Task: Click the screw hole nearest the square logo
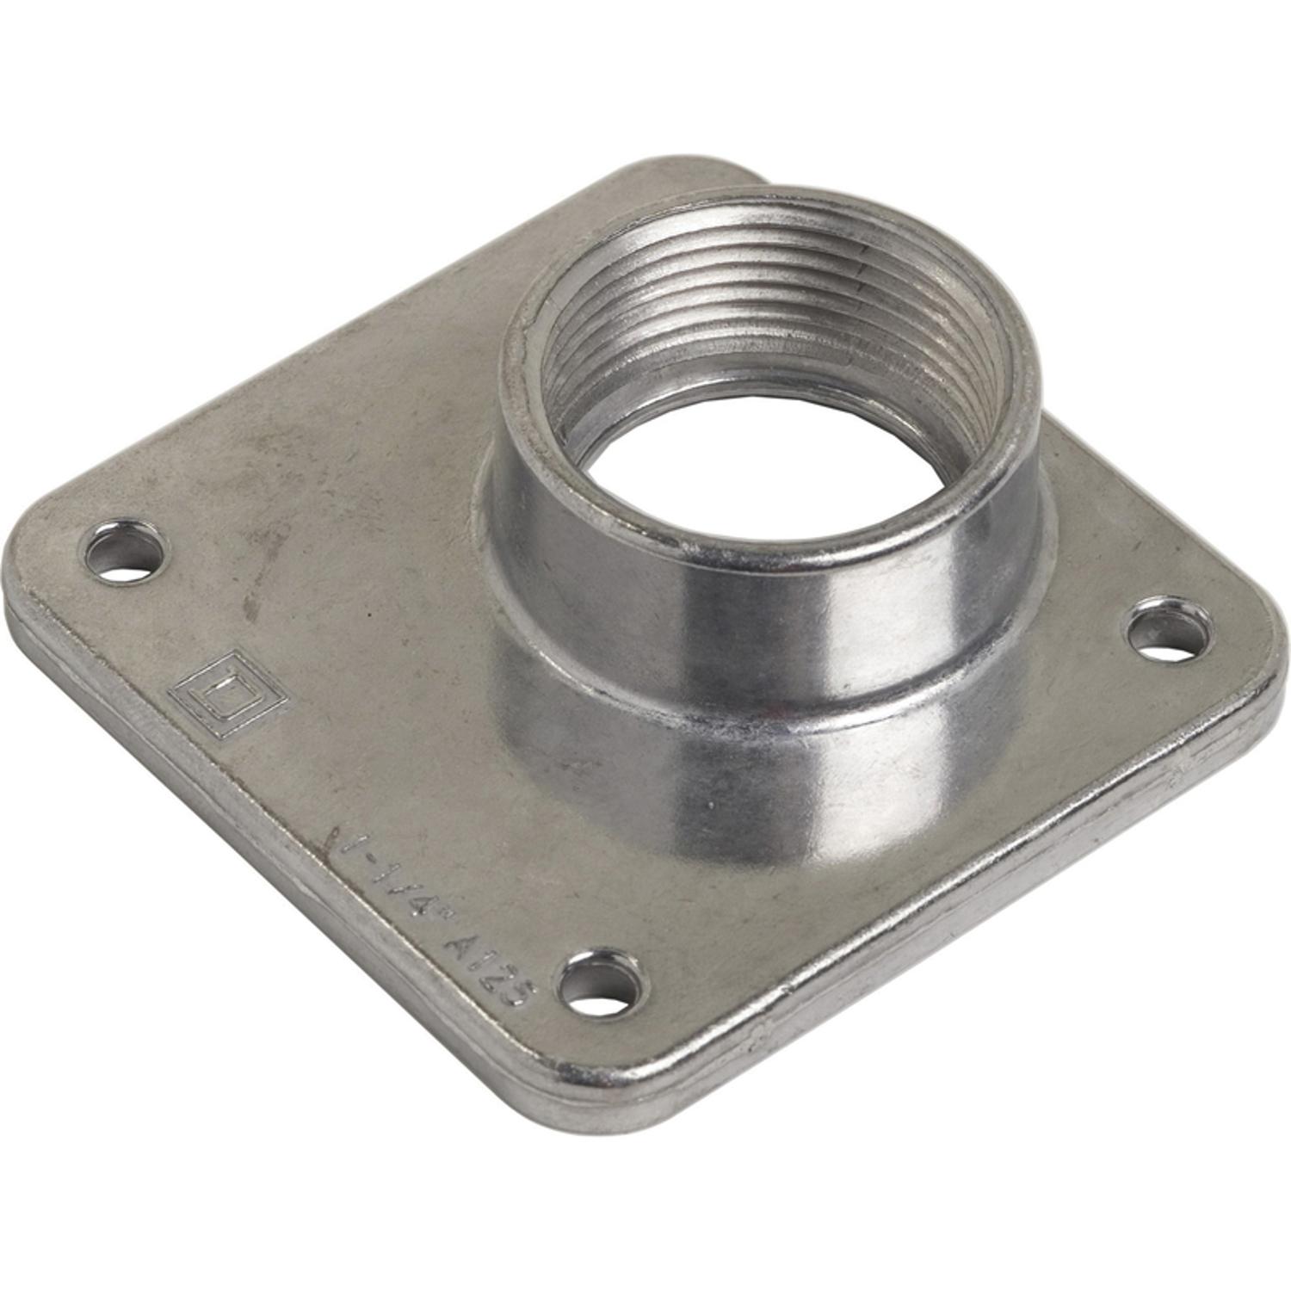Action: pos(127,551)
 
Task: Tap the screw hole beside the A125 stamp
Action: pos(602,984)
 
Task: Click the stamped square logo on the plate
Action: pos(226,693)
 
